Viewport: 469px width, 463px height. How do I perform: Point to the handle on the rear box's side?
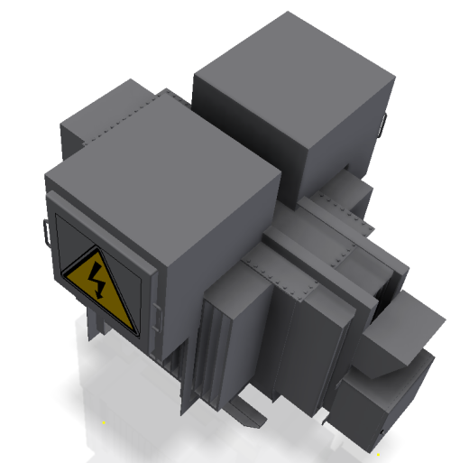383,127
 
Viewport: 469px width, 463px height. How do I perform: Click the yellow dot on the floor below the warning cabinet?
104,421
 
